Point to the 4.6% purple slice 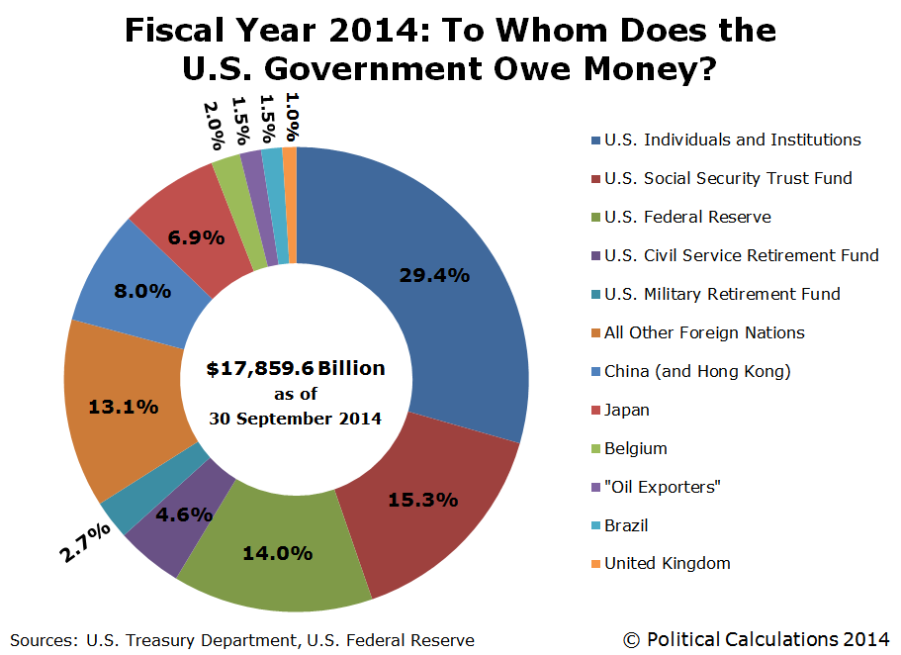pos(185,514)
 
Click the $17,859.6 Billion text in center pos(296,369)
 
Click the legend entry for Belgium pos(635,448)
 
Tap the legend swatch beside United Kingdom pos(593,564)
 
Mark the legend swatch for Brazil pos(593,525)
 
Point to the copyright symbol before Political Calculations pos(631,640)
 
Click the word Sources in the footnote pos(40,640)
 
